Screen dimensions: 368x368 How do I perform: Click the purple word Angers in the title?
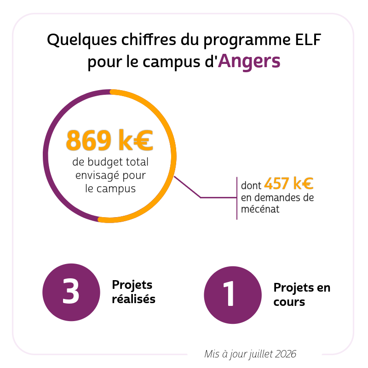249,62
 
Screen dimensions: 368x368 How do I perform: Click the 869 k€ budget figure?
109,140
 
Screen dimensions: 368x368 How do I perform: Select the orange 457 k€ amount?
289,183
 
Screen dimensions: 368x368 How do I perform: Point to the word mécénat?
260,209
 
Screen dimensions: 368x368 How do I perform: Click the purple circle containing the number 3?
71,292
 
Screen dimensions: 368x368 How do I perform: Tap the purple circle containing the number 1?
233,295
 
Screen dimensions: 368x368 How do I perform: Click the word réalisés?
133,299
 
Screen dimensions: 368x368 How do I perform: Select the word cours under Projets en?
289,302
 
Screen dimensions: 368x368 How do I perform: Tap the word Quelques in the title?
82,40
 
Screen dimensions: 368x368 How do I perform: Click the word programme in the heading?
247,40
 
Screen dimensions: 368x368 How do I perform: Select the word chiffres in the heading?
149,40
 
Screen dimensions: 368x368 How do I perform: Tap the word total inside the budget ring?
137,162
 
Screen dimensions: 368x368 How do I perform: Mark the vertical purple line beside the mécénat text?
237,198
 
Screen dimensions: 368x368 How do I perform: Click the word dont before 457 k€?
251,185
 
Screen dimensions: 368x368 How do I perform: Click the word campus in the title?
171,63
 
